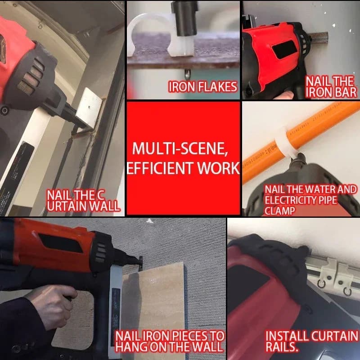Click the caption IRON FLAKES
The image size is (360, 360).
coord(203,87)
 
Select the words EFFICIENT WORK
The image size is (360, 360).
coord(183,168)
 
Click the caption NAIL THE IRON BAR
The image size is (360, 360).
coord(331,87)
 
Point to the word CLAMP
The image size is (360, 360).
coord(279,211)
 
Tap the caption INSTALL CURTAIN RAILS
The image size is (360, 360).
coord(311,341)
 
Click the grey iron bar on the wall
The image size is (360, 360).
coord(319,37)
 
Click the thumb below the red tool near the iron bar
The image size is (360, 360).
coord(285,95)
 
